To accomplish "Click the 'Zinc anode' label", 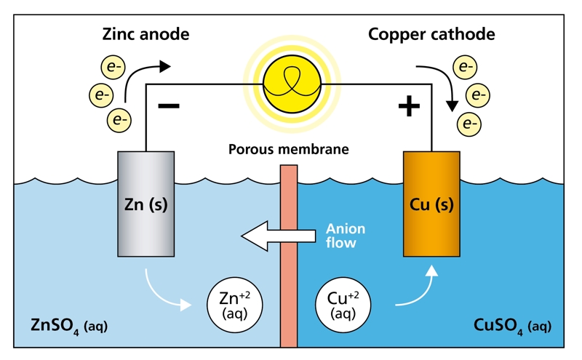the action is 146,34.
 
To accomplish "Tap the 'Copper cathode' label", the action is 431,34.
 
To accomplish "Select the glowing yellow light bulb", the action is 292,84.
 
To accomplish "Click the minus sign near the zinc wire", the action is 169,106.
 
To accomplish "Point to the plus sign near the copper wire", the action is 409,106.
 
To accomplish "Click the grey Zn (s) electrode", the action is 146,204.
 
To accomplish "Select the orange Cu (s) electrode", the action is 431,204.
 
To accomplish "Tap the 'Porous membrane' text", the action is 288,149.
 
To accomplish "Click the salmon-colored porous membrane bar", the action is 289,256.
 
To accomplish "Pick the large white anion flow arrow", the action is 279,236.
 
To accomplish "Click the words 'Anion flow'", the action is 346,236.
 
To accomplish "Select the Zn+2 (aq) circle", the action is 234,305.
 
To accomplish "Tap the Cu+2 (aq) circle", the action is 343,305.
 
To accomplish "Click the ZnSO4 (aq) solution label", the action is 69,327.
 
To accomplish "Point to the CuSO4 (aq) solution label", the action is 512,327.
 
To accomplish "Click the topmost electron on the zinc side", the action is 113,67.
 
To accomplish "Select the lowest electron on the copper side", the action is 469,124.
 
